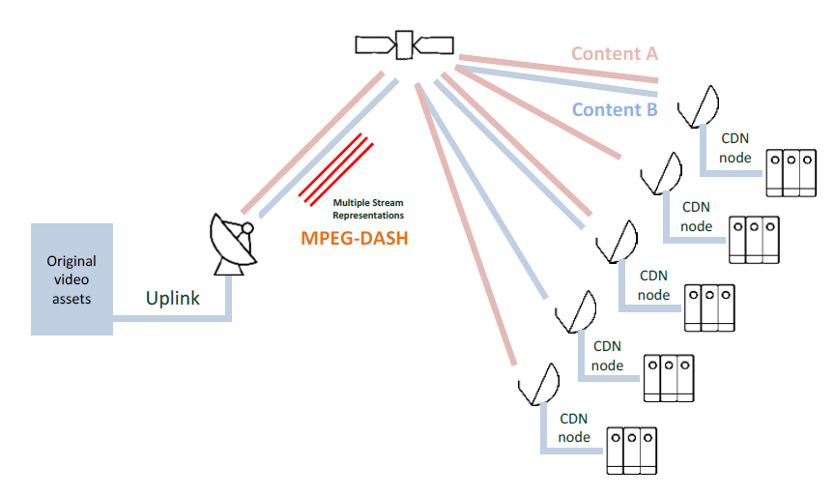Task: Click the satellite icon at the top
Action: [405, 44]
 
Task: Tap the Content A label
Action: [614, 53]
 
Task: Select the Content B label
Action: [615, 109]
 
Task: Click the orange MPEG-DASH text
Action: [355, 238]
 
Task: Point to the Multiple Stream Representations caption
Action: [368, 209]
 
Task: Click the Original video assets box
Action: [72, 279]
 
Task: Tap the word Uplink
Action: [173, 298]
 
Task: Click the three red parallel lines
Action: [336, 169]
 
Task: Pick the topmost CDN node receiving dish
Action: [700, 105]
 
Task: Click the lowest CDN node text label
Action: [573, 428]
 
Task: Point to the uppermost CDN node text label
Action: [734, 148]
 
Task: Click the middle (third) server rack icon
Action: [709, 309]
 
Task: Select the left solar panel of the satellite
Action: [375, 44]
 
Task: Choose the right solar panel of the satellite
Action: [435, 44]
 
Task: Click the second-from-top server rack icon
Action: [753, 239]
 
